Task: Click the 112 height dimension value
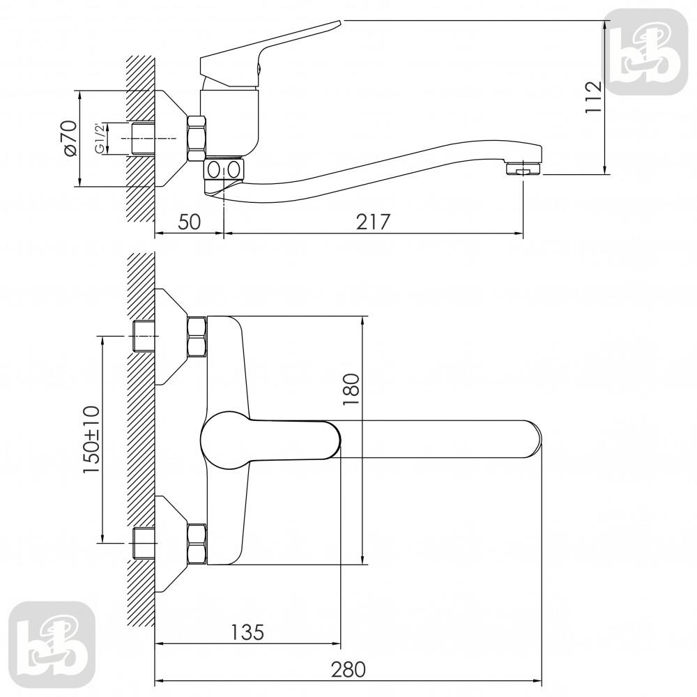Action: point(593,97)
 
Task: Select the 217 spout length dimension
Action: point(373,222)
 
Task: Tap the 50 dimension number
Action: point(190,222)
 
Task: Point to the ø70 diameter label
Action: point(70,138)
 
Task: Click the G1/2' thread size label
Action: point(100,138)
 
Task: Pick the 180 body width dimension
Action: point(351,389)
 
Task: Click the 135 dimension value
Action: point(247,631)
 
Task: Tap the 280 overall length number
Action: point(348,669)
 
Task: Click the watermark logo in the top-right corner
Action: point(648,52)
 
